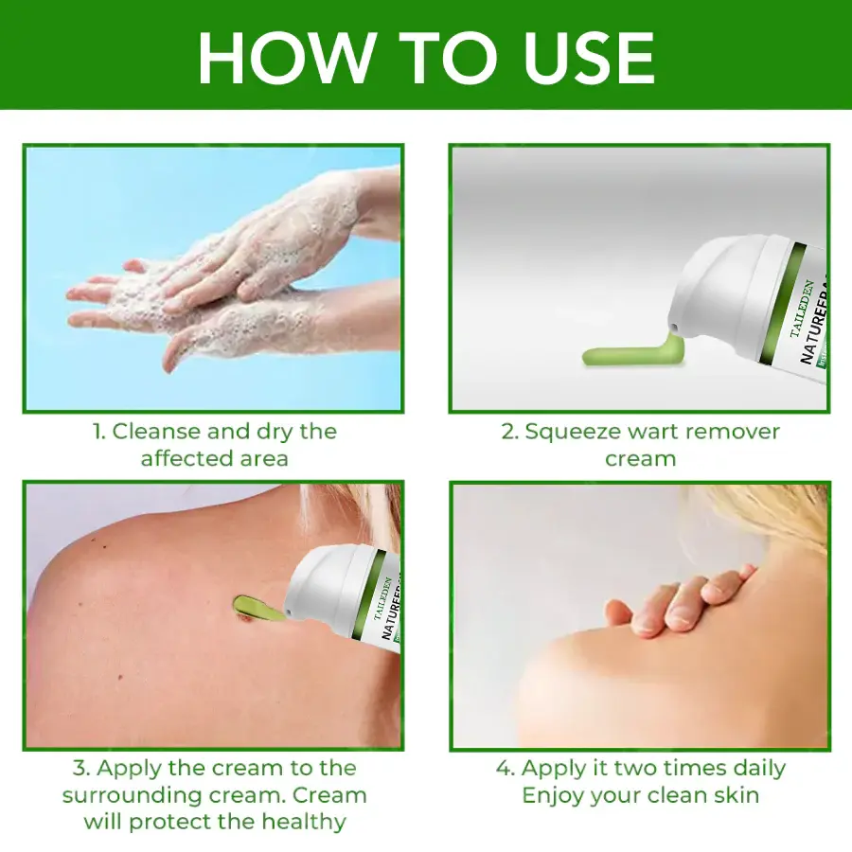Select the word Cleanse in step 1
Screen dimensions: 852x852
156,432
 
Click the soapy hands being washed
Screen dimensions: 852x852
237,284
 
